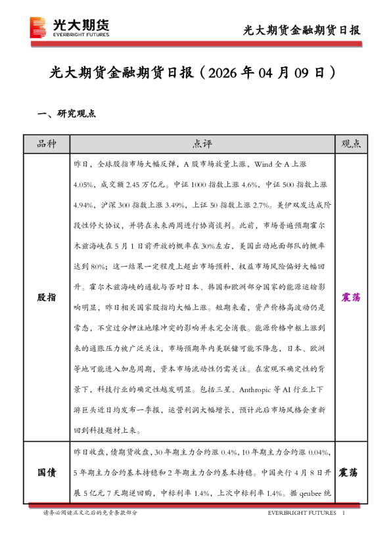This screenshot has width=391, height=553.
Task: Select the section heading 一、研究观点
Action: pyautogui.click(x=67, y=114)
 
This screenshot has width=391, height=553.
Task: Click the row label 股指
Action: pyautogui.click(x=47, y=298)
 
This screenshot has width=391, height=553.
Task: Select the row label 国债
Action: pyautogui.click(x=47, y=472)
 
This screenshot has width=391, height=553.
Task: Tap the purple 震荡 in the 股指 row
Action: pyautogui.click(x=351, y=298)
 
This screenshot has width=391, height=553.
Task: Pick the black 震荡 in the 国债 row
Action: pyautogui.click(x=351, y=472)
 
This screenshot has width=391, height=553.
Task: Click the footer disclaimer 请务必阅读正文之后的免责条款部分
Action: pyautogui.click(x=91, y=513)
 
